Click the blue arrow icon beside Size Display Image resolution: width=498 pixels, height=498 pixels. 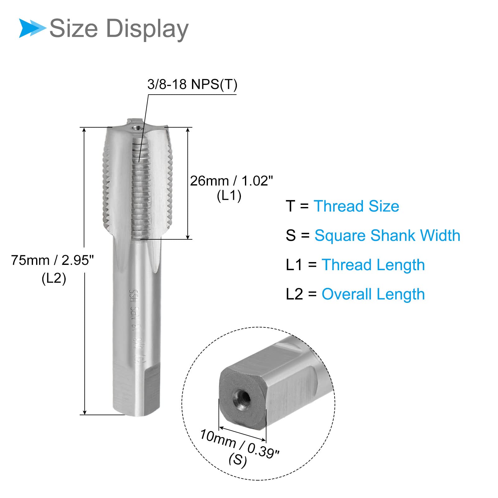[32, 28]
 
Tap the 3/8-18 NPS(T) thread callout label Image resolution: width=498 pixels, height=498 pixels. [192, 84]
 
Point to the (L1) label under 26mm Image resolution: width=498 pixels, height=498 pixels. [229, 196]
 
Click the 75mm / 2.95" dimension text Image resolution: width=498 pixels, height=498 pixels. [52, 260]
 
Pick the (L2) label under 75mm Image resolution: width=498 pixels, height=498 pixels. [54, 278]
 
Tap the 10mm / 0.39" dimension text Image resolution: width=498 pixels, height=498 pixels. [239, 444]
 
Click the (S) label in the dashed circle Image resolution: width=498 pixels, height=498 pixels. [237, 460]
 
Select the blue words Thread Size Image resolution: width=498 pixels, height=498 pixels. [356, 206]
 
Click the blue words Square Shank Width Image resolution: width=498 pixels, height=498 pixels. [387, 235]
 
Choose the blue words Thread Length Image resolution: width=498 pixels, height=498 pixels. [373, 265]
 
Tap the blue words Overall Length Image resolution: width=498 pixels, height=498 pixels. [373, 294]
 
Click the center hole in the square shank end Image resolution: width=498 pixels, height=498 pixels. [243, 397]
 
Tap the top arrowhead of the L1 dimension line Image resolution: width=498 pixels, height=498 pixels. [188, 130]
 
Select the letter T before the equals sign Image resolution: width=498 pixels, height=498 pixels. [290, 206]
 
